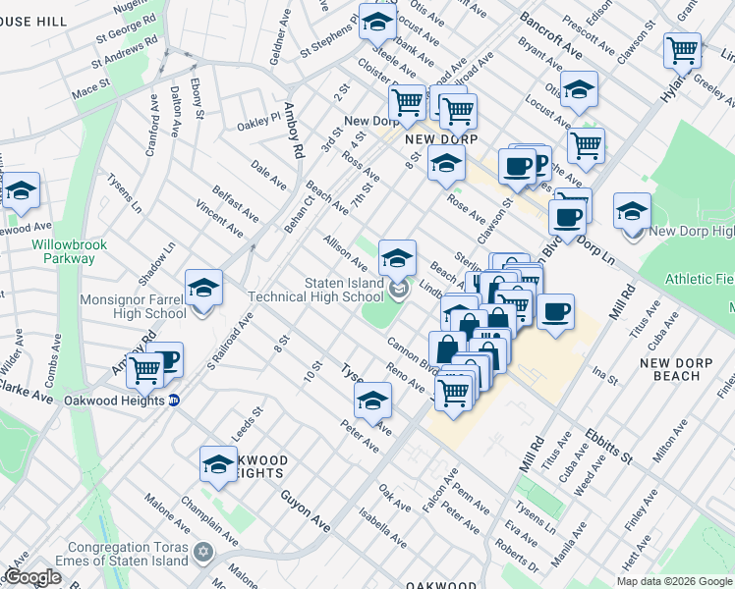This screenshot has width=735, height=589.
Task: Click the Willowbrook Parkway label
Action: (x=63, y=251)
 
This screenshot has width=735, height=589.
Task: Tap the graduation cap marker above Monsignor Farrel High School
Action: (x=203, y=289)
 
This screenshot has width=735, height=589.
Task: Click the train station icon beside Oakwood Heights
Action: (x=174, y=401)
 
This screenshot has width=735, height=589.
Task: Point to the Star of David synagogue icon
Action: (x=203, y=552)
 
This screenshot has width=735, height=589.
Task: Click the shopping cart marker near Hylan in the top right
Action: (x=682, y=48)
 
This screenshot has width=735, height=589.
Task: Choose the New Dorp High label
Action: (x=692, y=231)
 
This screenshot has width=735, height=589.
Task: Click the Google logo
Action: (x=33, y=577)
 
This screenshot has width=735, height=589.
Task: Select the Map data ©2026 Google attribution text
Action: (x=673, y=581)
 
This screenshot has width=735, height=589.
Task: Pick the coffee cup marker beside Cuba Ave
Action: (x=555, y=312)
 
